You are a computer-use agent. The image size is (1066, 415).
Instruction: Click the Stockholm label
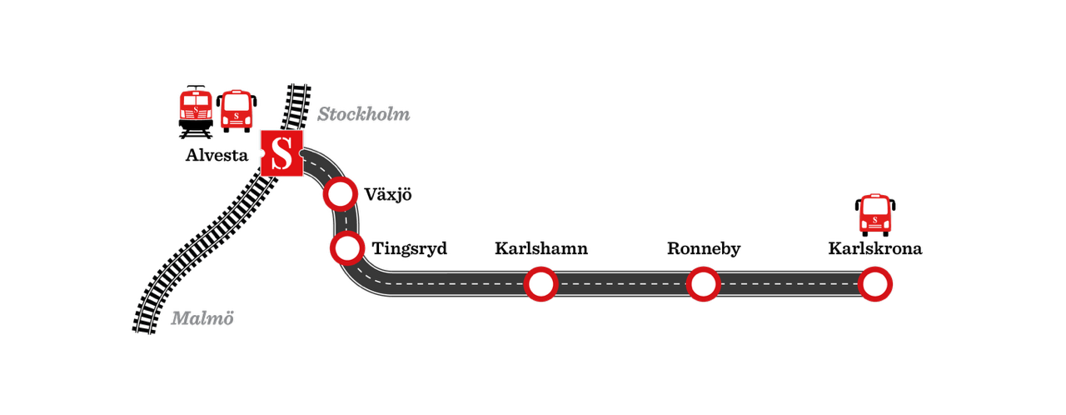coord(363,114)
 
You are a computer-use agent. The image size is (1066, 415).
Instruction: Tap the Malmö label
coord(202,318)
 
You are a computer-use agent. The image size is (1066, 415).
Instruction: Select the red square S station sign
coord(281,153)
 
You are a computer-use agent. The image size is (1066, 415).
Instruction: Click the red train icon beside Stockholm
coord(196,106)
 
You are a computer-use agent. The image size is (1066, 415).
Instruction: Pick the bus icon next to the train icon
coord(237,109)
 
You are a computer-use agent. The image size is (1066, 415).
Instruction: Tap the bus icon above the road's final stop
coord(875,213)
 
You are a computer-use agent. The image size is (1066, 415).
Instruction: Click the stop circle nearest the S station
coord(340,194)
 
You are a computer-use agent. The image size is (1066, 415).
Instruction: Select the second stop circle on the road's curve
coord(347,247)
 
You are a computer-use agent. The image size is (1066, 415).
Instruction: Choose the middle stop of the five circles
coord(540,284)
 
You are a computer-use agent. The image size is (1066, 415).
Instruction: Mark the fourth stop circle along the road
coord(703,284)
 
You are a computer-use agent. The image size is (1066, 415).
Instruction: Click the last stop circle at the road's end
coord(874,284)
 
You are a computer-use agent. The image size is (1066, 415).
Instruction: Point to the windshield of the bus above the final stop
coord(875,206)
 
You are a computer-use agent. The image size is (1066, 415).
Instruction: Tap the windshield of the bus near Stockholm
coord(237,102)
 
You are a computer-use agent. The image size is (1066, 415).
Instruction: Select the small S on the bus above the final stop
coord(875,220)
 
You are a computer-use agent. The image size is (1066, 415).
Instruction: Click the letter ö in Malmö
coord(227,319)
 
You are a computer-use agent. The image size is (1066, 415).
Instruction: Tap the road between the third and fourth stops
coord(621,284)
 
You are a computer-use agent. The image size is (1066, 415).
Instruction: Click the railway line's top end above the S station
coord(299,85)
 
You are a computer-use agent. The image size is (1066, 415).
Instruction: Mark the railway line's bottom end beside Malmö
coord(143,332)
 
